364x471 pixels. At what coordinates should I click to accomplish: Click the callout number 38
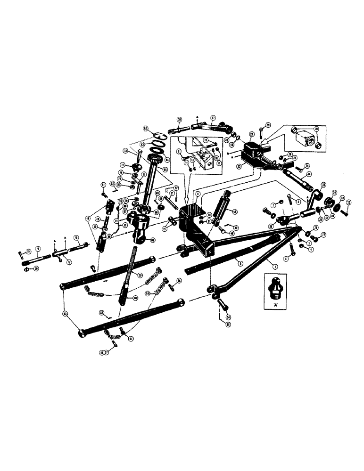pyautogui.click(x=179, y=120)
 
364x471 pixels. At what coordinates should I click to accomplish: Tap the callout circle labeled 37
pyautogui.click(x=213, y=118)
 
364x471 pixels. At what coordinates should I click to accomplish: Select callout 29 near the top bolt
pyautogui.click(x=268, y=125)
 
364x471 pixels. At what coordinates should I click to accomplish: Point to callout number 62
pyautogui.click(x=146, y=129)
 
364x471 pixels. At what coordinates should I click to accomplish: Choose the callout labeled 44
pyautogui.click(x=309, y=175)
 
